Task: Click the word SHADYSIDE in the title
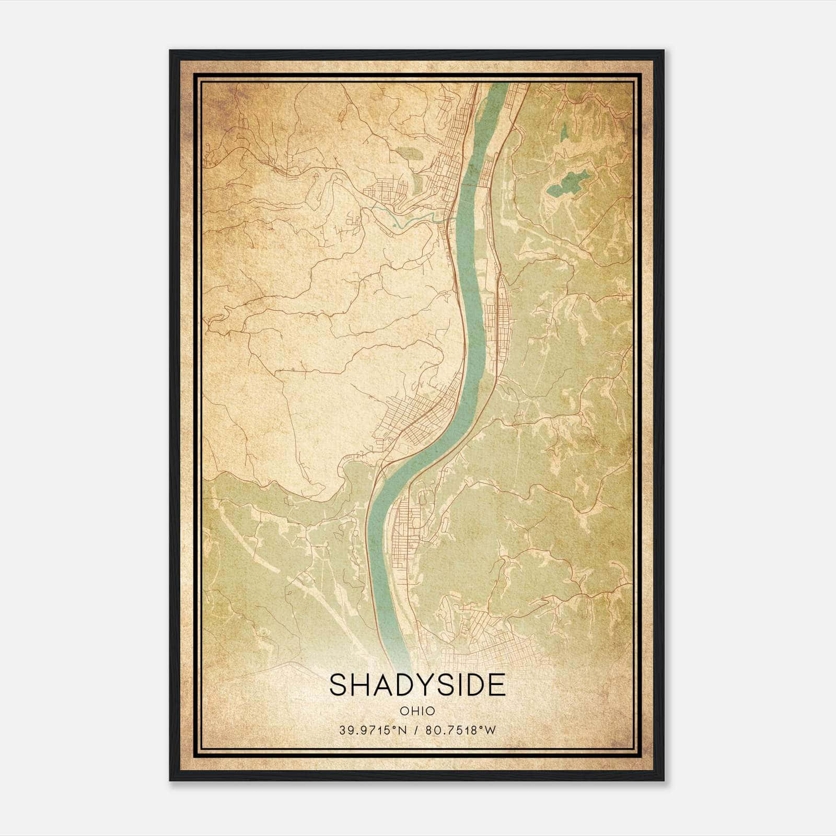[417, 684]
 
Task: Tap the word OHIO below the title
[417, 711]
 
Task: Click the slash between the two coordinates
[415, 730]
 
